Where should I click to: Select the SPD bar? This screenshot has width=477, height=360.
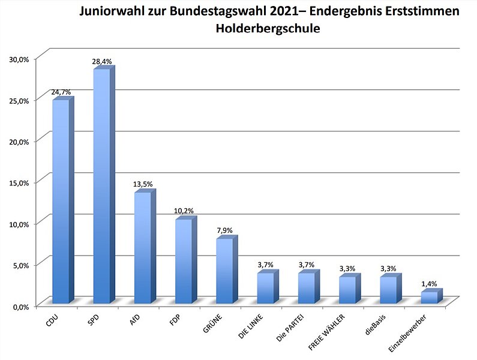[101, 186]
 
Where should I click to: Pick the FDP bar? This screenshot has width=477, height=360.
[183, 261]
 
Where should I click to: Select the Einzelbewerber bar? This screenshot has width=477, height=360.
[429, 297]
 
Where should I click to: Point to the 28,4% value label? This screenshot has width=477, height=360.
[102, 61]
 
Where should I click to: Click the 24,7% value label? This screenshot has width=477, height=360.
[61, 92]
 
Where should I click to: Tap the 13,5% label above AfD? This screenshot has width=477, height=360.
[143, 185]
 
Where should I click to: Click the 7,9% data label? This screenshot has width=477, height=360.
[224, 231]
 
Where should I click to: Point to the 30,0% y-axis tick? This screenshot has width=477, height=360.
[19, 59]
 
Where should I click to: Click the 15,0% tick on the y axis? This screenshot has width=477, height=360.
[19, 182]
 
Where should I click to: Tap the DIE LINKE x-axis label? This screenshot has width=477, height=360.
[251, 328]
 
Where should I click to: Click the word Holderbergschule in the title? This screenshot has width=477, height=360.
[268, 28]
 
